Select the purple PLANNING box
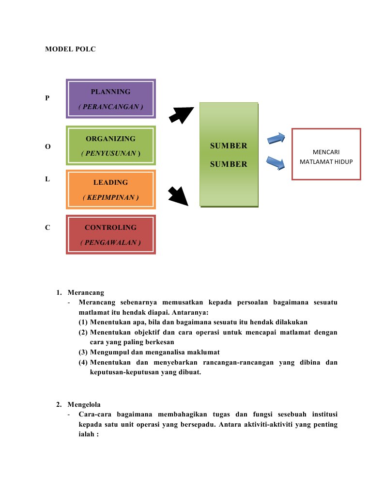tap(110, 99)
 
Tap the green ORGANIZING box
tap(110, 145)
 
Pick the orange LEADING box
tap(110, 189)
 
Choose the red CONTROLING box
tap(110, 234)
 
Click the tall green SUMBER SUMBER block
tap(229, 155)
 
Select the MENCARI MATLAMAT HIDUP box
tap(326, 154)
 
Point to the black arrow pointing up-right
tap(181, 114)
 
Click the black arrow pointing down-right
tap(178, 196)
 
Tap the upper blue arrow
tap(276, 139)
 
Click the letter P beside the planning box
tap(47, 98)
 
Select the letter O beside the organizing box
tap(47, 146)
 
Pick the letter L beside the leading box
tap(47, 179)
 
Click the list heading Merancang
tap(86, 292)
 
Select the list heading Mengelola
tap(84, 404)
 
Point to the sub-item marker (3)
tap(83, 352)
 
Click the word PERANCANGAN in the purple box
tap(110, 107)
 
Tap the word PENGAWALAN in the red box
tap(110, 242)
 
